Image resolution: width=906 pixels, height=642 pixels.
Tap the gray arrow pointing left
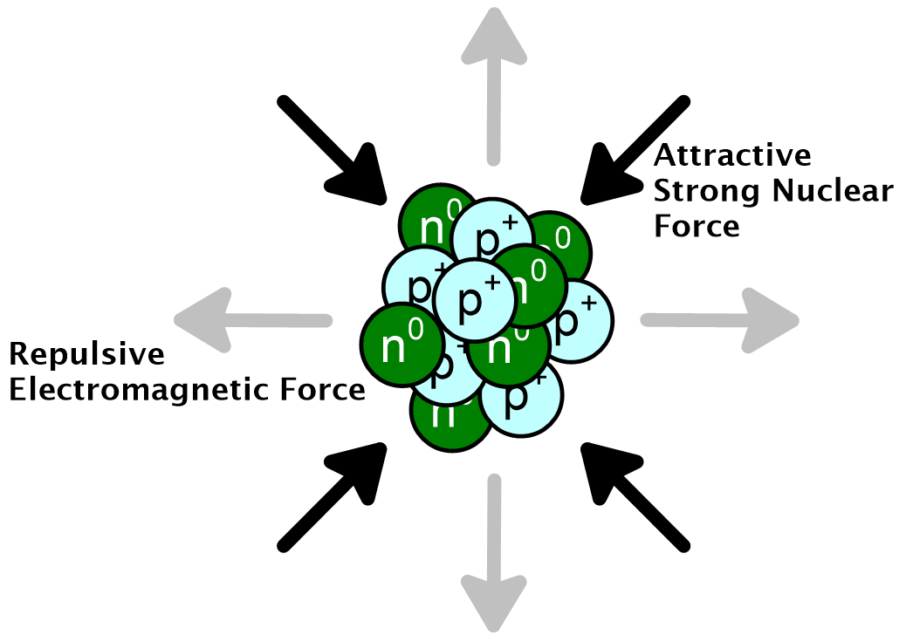[253, 320]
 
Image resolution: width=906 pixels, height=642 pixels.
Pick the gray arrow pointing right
[720, 320]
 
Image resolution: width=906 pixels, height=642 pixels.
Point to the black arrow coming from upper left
[336, 148]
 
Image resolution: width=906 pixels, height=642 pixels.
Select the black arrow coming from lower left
[336, 493]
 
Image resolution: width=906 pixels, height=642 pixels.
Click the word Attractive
[732, 156]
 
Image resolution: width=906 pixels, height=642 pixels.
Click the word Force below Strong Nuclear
[697, 226]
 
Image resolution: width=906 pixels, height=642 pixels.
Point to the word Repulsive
[86, 355]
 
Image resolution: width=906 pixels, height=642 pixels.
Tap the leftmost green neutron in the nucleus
[396, 342]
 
